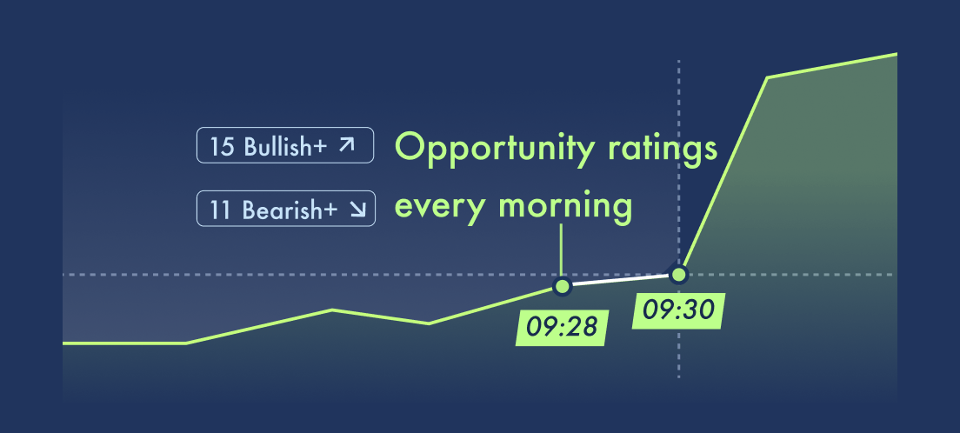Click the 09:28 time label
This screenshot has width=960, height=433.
point(562,328)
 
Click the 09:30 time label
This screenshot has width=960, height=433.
point(678,310)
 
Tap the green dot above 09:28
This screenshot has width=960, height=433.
point(562,286)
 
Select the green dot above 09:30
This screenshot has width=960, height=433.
point(678,275)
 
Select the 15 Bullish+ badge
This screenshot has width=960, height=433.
point(285,145)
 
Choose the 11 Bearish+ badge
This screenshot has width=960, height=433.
point(286,209)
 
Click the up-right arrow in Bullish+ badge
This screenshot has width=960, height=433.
point(347,144)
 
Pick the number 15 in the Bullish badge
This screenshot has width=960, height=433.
point(223,146)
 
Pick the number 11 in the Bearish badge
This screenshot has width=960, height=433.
point(220,210)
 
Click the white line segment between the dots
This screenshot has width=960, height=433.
point(620,281)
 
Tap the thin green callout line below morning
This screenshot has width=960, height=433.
point(562,250)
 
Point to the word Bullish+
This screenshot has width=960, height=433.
point(285,146)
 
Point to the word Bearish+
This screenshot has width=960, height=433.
point(290,210)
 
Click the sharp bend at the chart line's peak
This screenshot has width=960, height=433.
point(768,77)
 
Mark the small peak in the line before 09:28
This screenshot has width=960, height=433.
point(332,310)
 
